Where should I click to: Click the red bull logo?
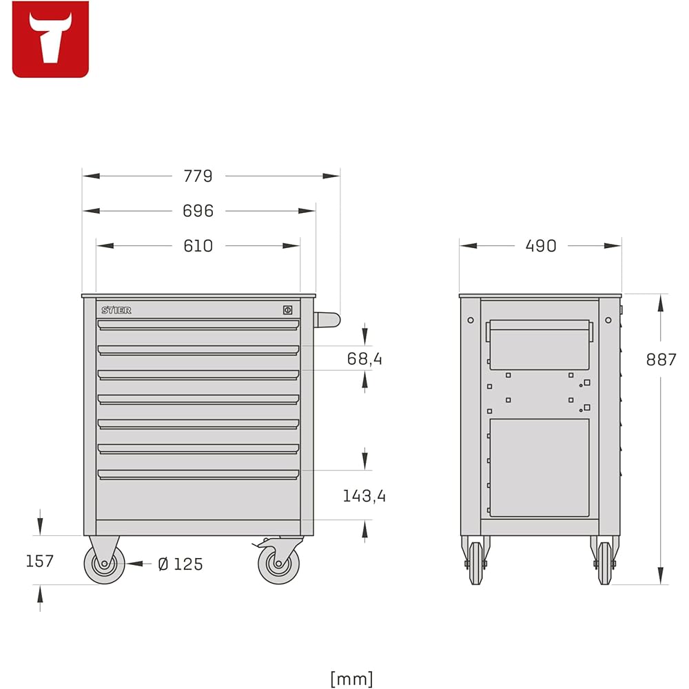pyautogui.click(x=50, y=39)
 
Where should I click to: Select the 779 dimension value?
pyautogui.click(x=198, y=176)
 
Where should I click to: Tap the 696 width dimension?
pyautogui.click(x=198, y=211)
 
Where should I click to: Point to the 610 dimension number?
pyautogui.click(x=198, y=246)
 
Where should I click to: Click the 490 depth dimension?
pyautogui.click(x=541, y=246)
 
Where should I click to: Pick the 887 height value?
pyautogui.click(x=661, y=360)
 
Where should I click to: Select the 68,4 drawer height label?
pyautogui.click(x=364, y=359)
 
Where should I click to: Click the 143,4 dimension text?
pyautogui.click(x=364, y=496)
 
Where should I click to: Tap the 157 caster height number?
pyautogui.click(x=39, y=561)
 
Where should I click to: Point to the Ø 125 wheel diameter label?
pyautogui.click(x=180, y=564)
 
